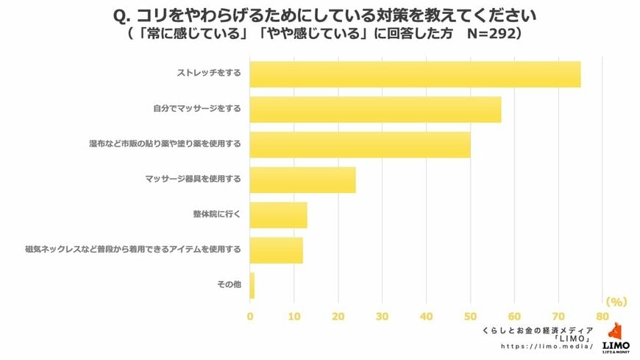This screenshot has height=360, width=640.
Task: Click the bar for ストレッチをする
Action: [415, 74]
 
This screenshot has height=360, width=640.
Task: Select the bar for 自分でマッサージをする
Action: [375, 110]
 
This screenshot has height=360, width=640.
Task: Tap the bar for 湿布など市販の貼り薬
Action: [360, 144]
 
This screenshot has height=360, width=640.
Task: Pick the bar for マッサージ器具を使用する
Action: [302, 180]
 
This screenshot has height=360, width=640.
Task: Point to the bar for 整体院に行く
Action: [278, 215]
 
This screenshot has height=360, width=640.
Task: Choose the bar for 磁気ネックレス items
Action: [276, 250]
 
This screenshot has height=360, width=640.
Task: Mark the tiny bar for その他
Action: [252, 285]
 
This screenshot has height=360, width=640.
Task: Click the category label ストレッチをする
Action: [209, 74]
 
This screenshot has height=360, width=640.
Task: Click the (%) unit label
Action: [615, 302]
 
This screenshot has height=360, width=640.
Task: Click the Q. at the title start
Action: [124, 15]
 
